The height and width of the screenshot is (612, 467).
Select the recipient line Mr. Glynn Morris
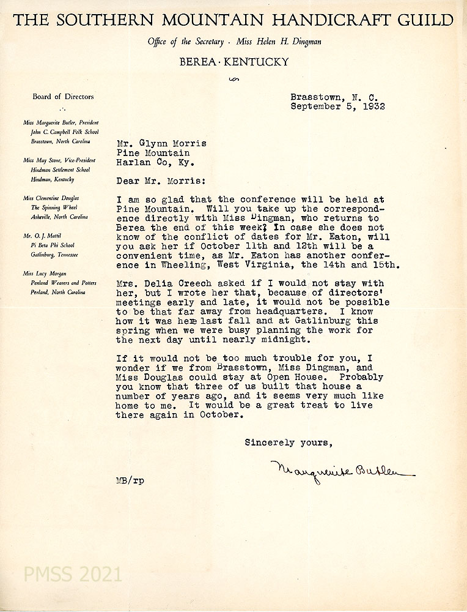(x=161, y=143)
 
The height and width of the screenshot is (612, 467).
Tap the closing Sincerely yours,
(x=288, y=442)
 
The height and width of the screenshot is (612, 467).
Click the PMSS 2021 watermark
(x=73, y=575)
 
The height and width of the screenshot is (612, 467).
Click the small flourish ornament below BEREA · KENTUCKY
(x=233, y=80)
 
